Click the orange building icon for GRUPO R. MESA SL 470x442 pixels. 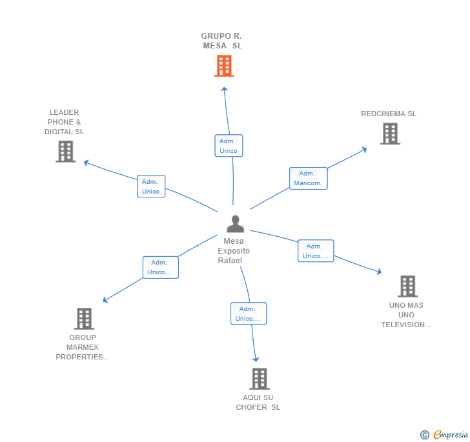coord(223,66)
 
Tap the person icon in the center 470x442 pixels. coord(235,224)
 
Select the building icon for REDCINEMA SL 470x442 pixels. coord(389,134)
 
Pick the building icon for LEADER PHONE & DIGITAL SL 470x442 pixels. coord(65,151)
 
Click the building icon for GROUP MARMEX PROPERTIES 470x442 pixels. coord(84,319)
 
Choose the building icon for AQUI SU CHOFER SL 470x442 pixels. coord(259,379)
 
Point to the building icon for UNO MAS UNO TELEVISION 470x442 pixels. coord(407,286)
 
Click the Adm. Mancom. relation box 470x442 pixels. coord(308,178)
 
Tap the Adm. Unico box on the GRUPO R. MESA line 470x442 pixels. coord(229,146)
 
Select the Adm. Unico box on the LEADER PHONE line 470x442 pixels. coord(151,186)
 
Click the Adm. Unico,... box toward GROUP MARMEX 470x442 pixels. coord(160,267)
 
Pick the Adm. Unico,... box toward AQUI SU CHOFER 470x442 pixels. coord(249,314)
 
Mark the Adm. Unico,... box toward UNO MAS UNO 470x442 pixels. coord(316,251)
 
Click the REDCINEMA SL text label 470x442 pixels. coord(389,114)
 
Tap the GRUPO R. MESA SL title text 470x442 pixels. coord(221,41)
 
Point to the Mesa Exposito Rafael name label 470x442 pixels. coord(234,251)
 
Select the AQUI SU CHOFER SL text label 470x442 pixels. coord(258,402)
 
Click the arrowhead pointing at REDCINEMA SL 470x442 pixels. coord(365,150)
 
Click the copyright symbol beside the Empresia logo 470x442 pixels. coord(424,435)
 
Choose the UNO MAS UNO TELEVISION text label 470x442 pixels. coord(406,315)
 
